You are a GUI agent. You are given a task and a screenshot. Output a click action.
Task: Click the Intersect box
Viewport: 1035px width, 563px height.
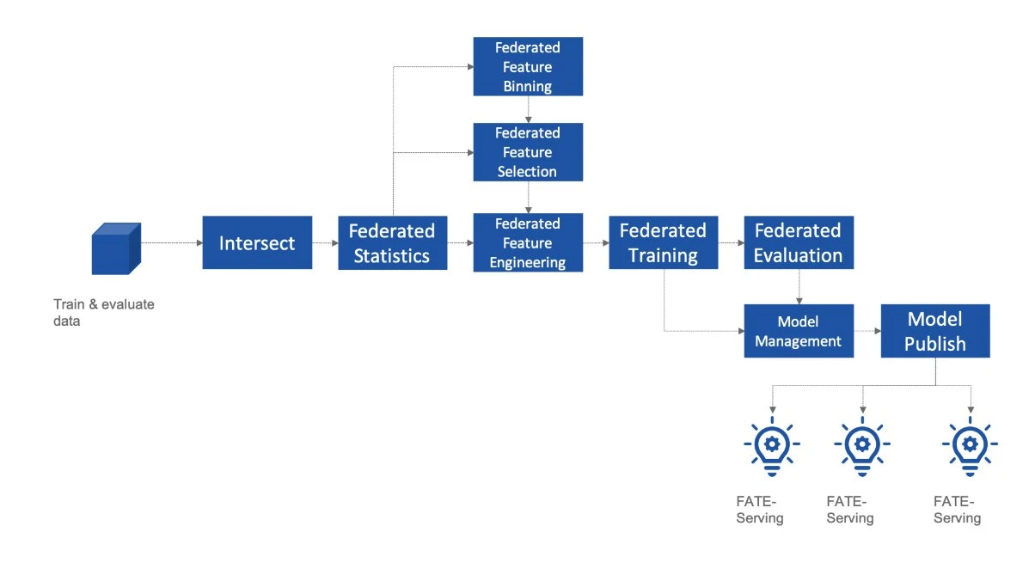[257, 243]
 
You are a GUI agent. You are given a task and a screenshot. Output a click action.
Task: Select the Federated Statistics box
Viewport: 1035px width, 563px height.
[392, 243]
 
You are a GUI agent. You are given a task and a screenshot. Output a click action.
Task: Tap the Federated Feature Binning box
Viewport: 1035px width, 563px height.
[528, 66]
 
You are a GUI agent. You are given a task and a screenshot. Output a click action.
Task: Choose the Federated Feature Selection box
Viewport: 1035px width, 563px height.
[528, 152]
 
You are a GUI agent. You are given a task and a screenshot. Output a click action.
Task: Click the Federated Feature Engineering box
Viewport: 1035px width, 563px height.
[528, 243]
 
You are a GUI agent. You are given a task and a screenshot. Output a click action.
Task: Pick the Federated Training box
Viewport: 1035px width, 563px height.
[663, 243]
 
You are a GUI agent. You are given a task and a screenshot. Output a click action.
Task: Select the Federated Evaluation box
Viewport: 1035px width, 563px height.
[798, 243]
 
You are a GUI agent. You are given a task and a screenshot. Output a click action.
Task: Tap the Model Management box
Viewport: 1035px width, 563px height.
[798, 331]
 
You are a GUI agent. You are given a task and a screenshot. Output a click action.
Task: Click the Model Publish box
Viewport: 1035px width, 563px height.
[935, 331]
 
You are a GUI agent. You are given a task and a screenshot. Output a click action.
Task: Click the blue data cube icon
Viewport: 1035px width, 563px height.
[115, 248]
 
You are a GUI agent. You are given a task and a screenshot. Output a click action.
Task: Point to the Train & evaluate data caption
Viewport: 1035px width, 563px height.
[103, 313]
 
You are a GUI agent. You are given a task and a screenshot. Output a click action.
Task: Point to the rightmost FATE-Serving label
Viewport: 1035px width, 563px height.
[957, 510]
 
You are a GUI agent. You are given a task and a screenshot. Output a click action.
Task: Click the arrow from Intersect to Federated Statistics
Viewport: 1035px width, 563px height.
[325, 243]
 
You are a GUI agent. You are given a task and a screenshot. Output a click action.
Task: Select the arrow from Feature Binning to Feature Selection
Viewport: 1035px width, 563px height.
[528, 109]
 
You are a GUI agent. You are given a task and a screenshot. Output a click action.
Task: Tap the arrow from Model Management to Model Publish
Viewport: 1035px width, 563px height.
[867, 331]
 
